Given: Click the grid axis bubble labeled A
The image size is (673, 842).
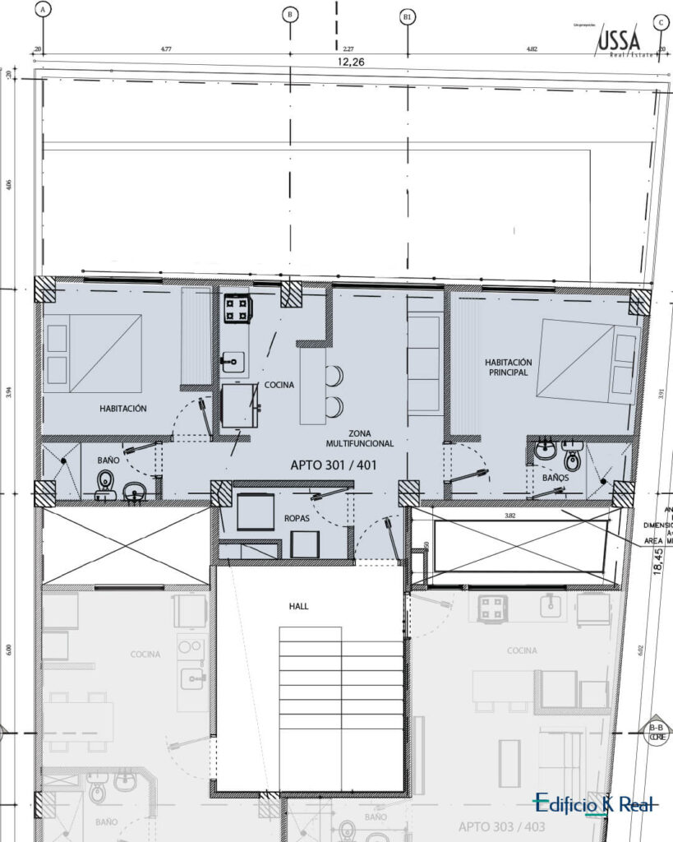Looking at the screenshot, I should coord(44,10).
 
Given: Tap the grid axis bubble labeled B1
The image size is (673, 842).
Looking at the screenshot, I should coord(407,16).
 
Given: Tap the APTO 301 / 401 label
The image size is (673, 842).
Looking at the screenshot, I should coord(334,465).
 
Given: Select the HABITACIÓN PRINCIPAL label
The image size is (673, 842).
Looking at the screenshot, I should coord(508,367).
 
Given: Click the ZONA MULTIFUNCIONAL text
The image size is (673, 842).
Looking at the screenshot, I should coord(359,437).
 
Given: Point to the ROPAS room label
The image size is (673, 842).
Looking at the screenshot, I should coord(296,520).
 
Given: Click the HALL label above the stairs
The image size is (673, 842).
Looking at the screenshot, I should coord(298,606).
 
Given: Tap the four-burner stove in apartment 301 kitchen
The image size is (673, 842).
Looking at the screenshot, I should coord(237,308).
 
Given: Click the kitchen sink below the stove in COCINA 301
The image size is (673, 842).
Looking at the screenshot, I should coord(233,360).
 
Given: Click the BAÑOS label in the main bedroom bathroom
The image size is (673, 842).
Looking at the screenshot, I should coord(555,477).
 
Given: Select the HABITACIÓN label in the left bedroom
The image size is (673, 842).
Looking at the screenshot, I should coord(123,408).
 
